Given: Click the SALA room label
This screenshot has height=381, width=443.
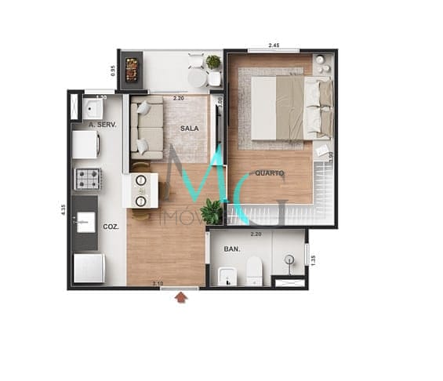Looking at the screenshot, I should [189, 128].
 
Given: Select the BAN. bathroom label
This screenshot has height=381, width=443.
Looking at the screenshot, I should [231, 249].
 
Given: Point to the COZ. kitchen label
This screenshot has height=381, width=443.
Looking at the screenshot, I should [111, 227].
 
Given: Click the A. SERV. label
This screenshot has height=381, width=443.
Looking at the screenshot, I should [102, 125].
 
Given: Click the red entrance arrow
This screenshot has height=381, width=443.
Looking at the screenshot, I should [183, 297].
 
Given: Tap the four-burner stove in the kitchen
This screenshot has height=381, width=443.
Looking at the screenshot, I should [88, 179].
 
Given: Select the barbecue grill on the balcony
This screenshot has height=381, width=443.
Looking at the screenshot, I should [132, 69].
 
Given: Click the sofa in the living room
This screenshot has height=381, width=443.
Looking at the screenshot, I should [148, 128].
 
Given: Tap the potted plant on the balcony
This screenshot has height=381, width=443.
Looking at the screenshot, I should [213, 62].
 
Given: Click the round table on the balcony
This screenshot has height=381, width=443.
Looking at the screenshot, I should [198, 78].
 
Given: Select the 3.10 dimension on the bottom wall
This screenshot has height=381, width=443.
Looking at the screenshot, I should [158, 283].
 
